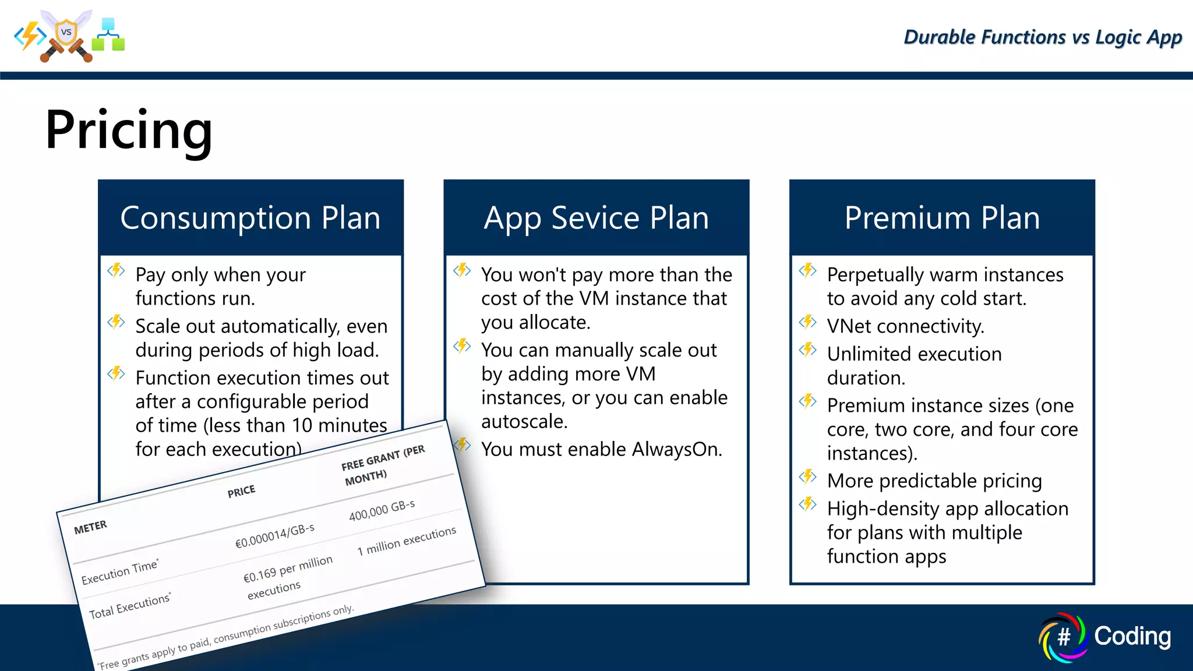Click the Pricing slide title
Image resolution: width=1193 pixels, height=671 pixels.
129,130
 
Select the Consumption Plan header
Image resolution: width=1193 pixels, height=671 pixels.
250,218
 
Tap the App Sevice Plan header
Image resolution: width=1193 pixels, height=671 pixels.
596,218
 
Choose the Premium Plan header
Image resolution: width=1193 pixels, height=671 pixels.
942,218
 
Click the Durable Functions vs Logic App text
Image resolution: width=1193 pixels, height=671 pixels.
1042,37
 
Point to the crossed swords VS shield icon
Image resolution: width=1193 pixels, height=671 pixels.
66,35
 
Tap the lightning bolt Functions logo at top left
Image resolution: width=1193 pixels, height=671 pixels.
30,36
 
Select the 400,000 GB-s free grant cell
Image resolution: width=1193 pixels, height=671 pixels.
382,510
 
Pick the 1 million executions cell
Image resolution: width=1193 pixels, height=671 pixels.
406,541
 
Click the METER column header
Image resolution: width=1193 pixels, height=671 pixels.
90,527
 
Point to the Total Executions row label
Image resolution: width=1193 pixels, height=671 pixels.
129,606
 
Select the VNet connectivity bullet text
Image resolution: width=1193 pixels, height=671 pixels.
905,326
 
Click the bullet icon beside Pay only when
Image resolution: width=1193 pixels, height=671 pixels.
116,270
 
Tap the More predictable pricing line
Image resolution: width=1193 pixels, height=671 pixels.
934,481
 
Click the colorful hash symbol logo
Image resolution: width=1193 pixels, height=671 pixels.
1063,637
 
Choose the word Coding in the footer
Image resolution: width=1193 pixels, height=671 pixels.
1132,636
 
